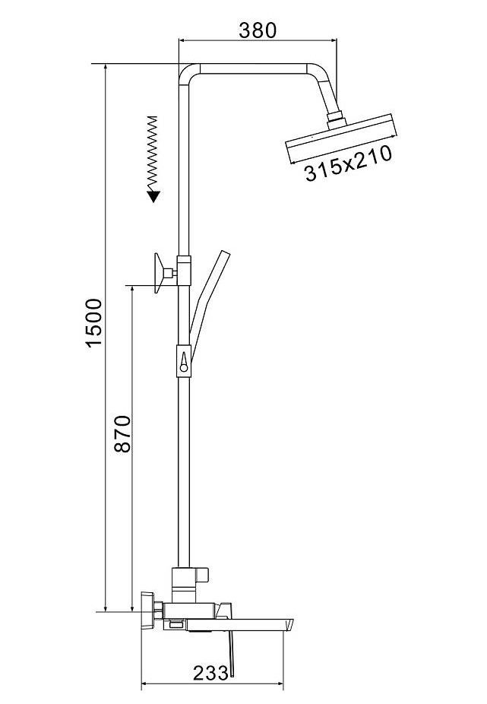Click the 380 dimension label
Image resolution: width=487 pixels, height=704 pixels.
click(x=258, y=30)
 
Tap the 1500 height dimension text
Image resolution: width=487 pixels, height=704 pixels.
click(x=94, y=323)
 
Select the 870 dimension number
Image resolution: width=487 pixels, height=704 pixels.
click(x=122, y=433)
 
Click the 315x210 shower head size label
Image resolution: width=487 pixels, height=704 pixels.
click(x=348, y=163)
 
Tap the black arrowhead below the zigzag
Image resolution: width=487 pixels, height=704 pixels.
click(x=153, y=196)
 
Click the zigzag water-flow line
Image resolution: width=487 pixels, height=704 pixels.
click(x=153, y=154)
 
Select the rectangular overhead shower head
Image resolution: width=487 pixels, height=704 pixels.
click(x=341, y=138)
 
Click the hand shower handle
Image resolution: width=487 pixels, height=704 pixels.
click(x=209, y=306)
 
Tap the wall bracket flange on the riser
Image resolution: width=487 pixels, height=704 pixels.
click(x=158, y=273)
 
